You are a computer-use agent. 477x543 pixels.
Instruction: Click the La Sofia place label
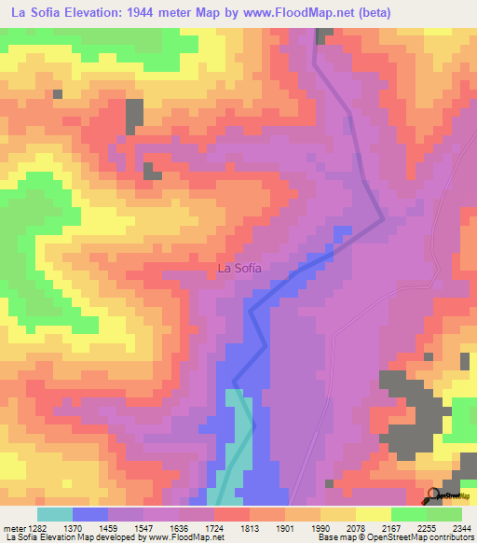pyautogui.click(x=239, y=268)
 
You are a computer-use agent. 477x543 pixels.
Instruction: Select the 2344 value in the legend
pyautogui.click(x=462, y=527)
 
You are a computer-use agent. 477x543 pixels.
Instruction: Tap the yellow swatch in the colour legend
pyautogui.click(x=373, y=514)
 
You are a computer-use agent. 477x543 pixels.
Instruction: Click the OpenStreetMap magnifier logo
pyautogui.click(x=434, y=495)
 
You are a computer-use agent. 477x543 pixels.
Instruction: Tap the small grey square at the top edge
pyautogui.click(x=323, y=35)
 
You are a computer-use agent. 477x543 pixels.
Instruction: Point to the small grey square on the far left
pyautogui.click(x=57, y=93)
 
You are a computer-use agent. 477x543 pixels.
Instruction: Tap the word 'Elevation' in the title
pyautogui.click(x=92, y=12)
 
